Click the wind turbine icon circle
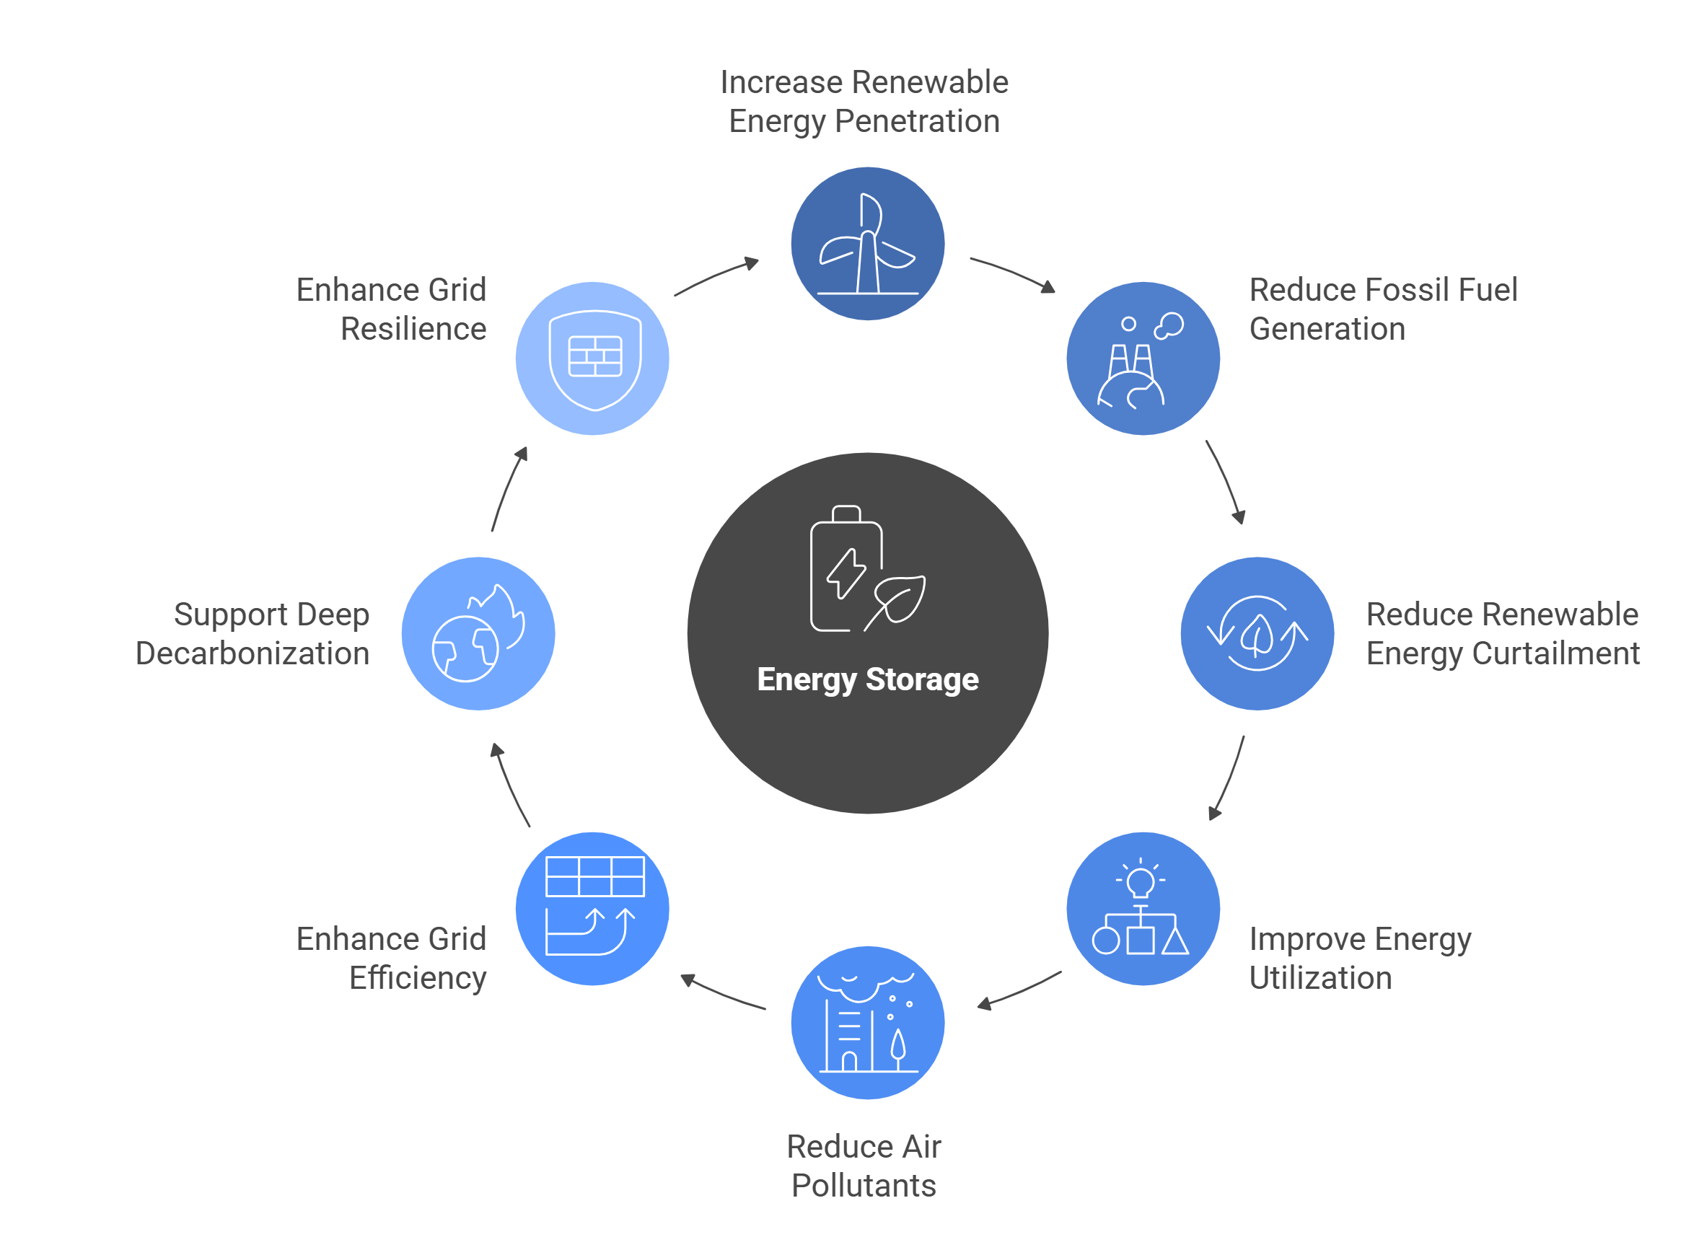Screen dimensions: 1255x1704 pyautogui.click(x=868, y=244)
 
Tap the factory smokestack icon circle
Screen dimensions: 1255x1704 pyautogui.click(x=1143, y=358)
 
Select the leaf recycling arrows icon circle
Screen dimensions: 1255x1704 pyautogui.click(x=1257, y=633)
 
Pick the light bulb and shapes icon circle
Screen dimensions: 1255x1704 pyautogui.click(x=1143, y=909)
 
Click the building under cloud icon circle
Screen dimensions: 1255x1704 pyautogui.click(x=868, y=1023)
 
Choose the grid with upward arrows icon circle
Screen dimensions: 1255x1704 pyautogui.click(x=592, y=909)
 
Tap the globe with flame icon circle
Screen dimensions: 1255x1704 pyautogui.click(x=478, y=633)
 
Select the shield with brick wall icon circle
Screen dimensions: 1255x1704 pyautogui.click(x=592, y=358)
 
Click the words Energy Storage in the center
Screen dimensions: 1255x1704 pyautogui.click(x=868, y=679)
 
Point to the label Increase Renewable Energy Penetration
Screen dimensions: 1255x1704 pyautogui.click(x=864, y=102)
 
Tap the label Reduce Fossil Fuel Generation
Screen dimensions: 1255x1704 pyautogui.click(x=1383, y=309)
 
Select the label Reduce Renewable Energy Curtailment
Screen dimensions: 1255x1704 pyautogui.click(x=1502, y=633)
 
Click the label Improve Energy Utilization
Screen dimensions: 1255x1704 pyautogui.click(x=1360, y=958)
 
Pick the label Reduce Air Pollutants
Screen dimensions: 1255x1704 pyautogui.click(x=864, y=1166)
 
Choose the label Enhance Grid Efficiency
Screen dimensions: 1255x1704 pyautogui.click(x=391, y=958)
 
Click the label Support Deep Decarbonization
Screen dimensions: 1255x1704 pyautogui.click(x=253, y=633)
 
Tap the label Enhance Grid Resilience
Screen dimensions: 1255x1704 pyautogui.click(x=391, y=309)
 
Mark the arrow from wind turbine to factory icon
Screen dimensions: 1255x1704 pyautogui.click(x=1014, y=273)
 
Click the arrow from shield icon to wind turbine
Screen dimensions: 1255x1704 pyautogui.click(x=717, y=276)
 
